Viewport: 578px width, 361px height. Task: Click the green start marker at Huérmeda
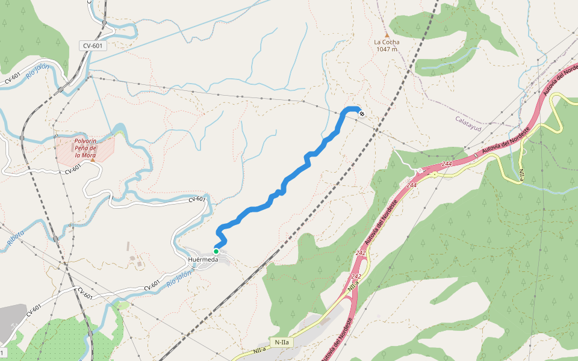(216, 251)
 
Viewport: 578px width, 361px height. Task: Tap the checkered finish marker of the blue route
(361, 113)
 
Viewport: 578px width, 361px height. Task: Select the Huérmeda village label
(202, 260)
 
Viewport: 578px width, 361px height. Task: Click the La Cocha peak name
(387, 42)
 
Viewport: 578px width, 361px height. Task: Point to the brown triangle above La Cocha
(387, 34)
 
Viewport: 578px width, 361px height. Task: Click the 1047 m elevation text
(387, 49)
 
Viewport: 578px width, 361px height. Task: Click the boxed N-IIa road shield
(281, 342)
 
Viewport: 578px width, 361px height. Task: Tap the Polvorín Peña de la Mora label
(85, 148)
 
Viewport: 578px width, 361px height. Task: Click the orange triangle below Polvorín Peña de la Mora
(93, 159)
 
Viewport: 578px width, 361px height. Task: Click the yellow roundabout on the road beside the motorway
(433, 175)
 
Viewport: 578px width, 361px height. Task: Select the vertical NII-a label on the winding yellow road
(521, 175)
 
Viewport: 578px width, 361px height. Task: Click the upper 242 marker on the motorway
(361, 253)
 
